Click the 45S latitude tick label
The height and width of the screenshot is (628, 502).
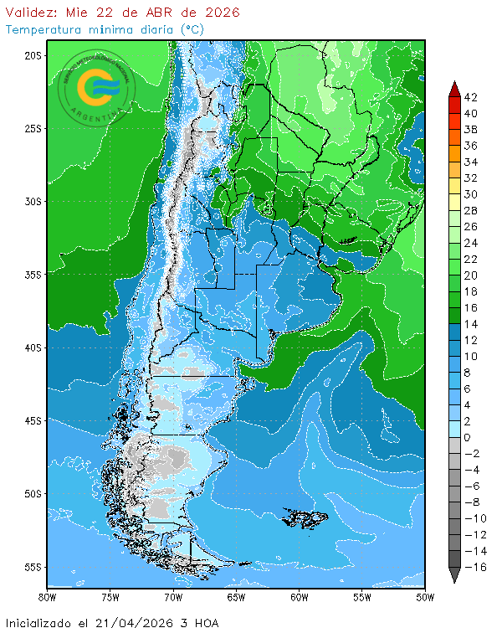(33, 420)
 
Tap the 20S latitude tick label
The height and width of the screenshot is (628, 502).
(33, 55)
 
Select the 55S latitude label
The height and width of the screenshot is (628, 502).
(33, 567)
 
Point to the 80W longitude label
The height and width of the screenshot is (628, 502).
(47, 597)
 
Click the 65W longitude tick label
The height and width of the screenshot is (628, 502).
(236, 597)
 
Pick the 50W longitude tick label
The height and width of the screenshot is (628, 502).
(425, 597)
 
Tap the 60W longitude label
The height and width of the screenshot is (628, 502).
(300, 597)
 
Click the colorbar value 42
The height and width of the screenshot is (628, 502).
(470, 97)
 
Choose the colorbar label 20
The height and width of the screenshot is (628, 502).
(470, 275)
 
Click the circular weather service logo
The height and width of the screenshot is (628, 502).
(96, 87)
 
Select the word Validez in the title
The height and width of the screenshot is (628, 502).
(32, 13)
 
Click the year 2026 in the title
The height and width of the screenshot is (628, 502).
(220, 13)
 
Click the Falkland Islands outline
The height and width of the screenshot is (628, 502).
(306, 518)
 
